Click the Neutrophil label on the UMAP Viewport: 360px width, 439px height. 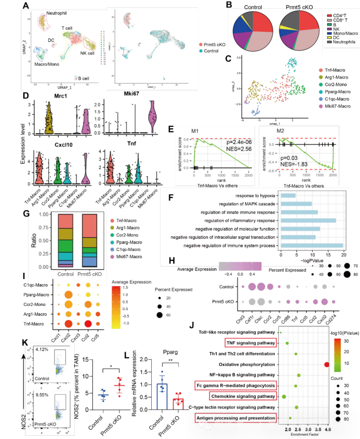(45, 12)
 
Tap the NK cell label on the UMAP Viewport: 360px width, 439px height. (87, 53)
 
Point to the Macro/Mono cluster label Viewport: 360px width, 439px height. (46, 64)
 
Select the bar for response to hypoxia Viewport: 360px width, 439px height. (288, 195)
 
